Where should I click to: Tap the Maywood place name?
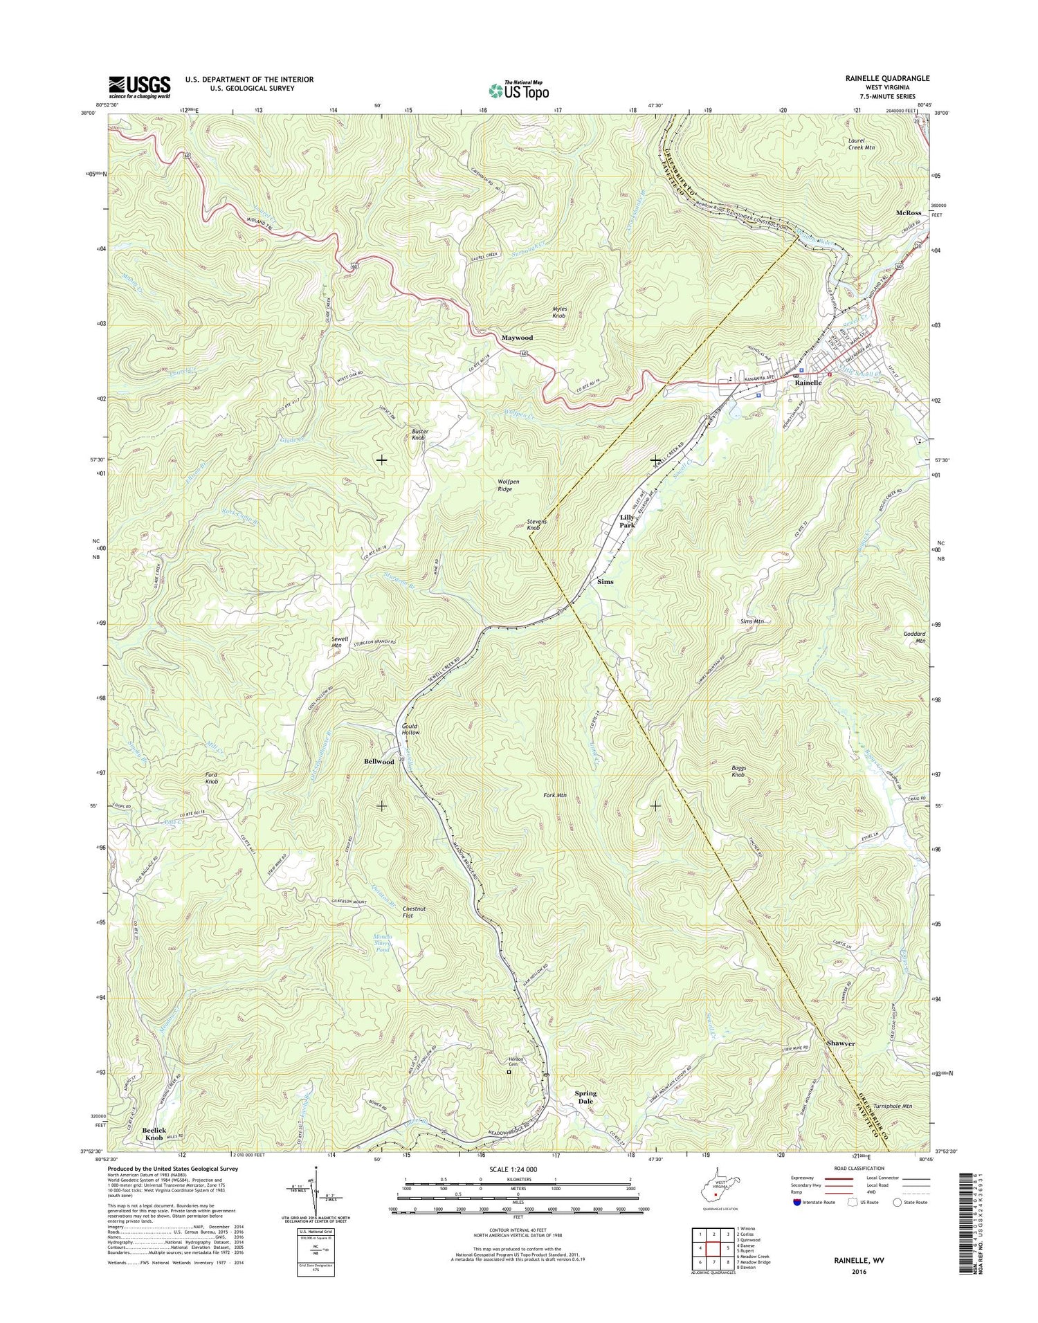(517, 338)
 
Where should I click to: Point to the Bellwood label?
(379, 762)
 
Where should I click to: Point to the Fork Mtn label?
(555, 796)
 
